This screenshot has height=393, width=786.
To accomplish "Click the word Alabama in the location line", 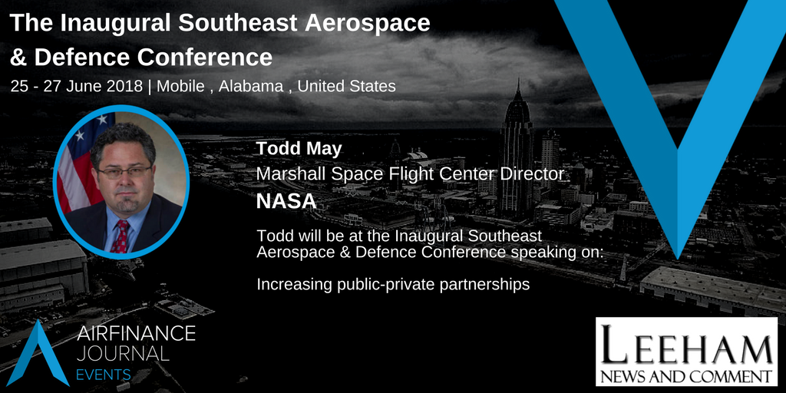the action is click(251, 86).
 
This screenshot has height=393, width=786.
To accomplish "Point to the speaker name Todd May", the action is click(299, 148).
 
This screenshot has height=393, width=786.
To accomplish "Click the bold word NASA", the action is click(286, 202).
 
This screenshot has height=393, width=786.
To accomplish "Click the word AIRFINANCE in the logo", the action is click(137, 334).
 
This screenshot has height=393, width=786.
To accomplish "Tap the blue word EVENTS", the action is click(104, 375).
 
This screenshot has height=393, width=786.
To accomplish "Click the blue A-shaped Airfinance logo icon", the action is click(38, 352).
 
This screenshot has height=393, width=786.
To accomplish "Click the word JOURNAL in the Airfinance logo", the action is click(123, 353).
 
